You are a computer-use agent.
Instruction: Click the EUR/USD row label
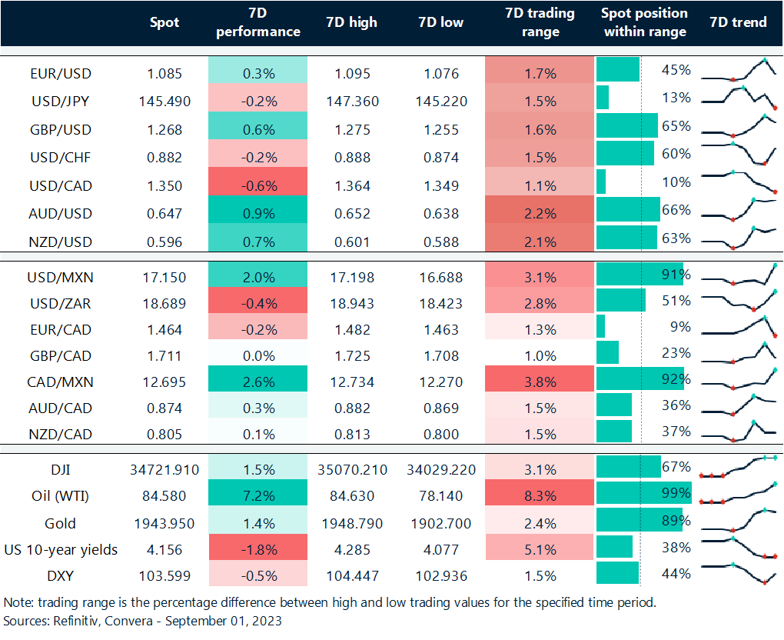tap(60, 74)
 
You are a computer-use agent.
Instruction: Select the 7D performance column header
tap(257, 22)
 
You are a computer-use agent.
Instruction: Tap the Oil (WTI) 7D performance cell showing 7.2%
tap(257, 496)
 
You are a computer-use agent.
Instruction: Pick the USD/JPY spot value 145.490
tap(164, 102)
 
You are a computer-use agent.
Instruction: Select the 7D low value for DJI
tap(441, 468)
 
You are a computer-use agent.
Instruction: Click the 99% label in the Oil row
tap(676, 493)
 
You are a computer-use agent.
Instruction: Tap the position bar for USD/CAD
tap(601, 182)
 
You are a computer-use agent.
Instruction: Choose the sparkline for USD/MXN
tap(739, 275)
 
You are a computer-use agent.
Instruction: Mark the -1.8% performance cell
tap(257, 549)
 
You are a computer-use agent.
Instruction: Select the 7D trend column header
tap(739, 22)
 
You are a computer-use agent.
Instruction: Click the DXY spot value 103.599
tap(164, 575)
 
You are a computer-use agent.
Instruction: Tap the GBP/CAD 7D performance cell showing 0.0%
tap(257, 355)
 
